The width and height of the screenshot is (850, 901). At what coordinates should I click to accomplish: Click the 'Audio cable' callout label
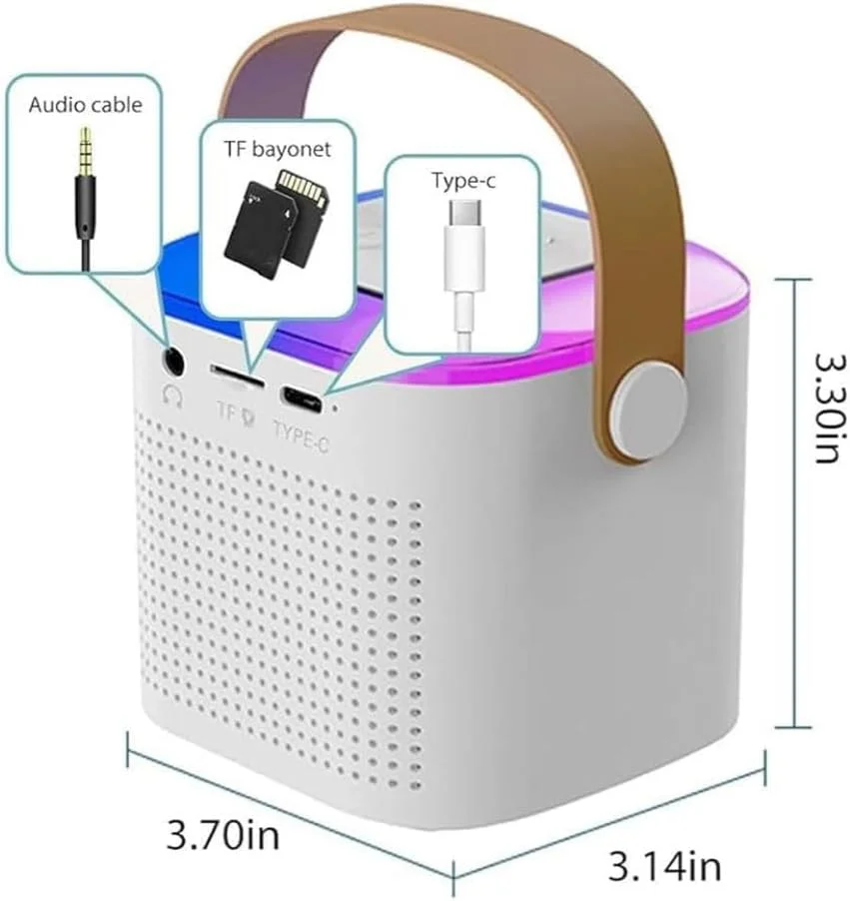click(x=85, y=104)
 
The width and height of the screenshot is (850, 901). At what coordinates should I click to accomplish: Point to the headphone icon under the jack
click(x=174, y=395)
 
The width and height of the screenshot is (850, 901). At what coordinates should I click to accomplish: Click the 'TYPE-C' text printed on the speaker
click(x=301, y=438)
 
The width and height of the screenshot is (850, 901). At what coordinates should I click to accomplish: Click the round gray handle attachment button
click(x=655, y=396)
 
